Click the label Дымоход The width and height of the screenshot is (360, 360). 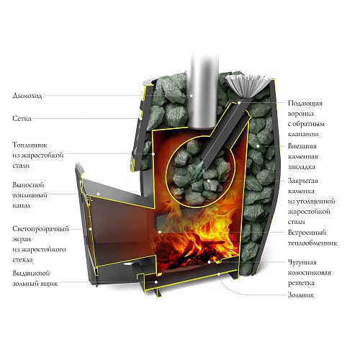pyautogui.click(x=27, y=96)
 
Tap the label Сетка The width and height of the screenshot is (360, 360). pyautogui.click(x=22, y=118)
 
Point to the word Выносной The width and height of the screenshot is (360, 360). pyautogui.click(x=28, y=185)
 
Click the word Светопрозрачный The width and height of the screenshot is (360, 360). pyautogui.click(x=40, y=229)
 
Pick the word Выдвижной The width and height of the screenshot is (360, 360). pyautogui.click(x=31, y=273)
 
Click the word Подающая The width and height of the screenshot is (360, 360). pyautogui.click(x=305, y=104)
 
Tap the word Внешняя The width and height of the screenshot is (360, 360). pyautogui.click(x=302, y=146)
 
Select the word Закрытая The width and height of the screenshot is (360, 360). pyautogui.click(x=303, y=181)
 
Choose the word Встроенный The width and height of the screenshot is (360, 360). pyautogui.click(x=307, y=233)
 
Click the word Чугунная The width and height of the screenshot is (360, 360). pyautogui.click(x=302, y=262)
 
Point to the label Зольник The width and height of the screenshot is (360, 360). pyautogui.click(x=301, y=294)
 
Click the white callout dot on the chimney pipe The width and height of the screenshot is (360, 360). pyautogui.click(x=192, y=96)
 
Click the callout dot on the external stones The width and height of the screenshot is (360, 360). pyautogui.click(x=258, y=145)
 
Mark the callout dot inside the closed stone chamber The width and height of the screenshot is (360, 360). pyautogui.click(x=209, y=181)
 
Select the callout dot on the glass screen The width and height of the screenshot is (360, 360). pyautogui.click(x=91, y=229)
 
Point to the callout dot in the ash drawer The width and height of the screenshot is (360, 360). pyautogui.click(x=156, y=282)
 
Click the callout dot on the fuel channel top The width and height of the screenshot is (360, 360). pyautogui.click(x=98, y=194)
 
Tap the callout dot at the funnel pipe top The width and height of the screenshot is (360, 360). pyautogui.click(x=239, y=103)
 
